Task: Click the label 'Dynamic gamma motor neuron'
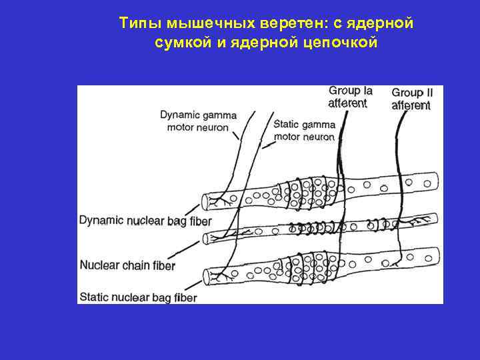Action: pos(198,121)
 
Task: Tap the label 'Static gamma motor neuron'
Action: pos(304,131)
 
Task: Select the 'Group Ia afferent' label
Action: pos(350,97)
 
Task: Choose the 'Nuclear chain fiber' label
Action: pos(127,265)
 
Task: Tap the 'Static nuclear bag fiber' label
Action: pos(138,297)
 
